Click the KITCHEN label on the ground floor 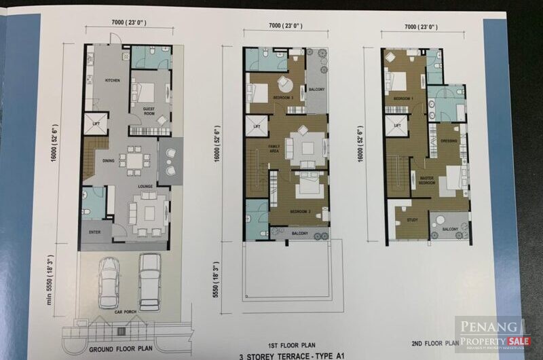112,80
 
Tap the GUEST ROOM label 151,109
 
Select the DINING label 109,161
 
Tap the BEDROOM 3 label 284,98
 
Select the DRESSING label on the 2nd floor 448,141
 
